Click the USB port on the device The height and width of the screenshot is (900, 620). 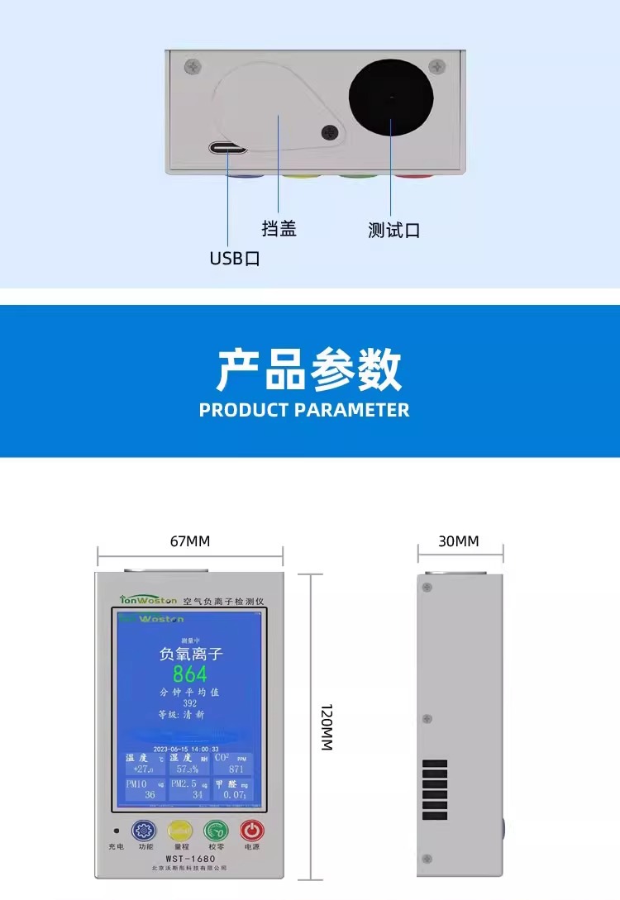coord(228,149)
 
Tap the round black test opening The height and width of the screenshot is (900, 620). coord(391,98)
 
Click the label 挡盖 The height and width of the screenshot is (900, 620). coord(279,229)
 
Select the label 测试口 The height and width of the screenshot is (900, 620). coord(394,231)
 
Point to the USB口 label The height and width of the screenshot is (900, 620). coord(235,259)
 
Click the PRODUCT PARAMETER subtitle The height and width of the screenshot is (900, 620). coord(304,410)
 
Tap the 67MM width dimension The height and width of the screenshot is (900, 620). coord(190,541)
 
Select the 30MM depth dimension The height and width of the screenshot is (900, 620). coord(459,541)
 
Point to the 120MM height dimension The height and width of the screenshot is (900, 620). coord(326,727)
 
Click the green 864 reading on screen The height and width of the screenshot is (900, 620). coord(190,674)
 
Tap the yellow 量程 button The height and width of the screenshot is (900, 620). coord(181,830)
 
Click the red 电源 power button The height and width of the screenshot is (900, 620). coord(252,830)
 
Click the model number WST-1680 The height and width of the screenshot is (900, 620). coord(190,859)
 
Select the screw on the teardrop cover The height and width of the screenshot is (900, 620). coord(331,131)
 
